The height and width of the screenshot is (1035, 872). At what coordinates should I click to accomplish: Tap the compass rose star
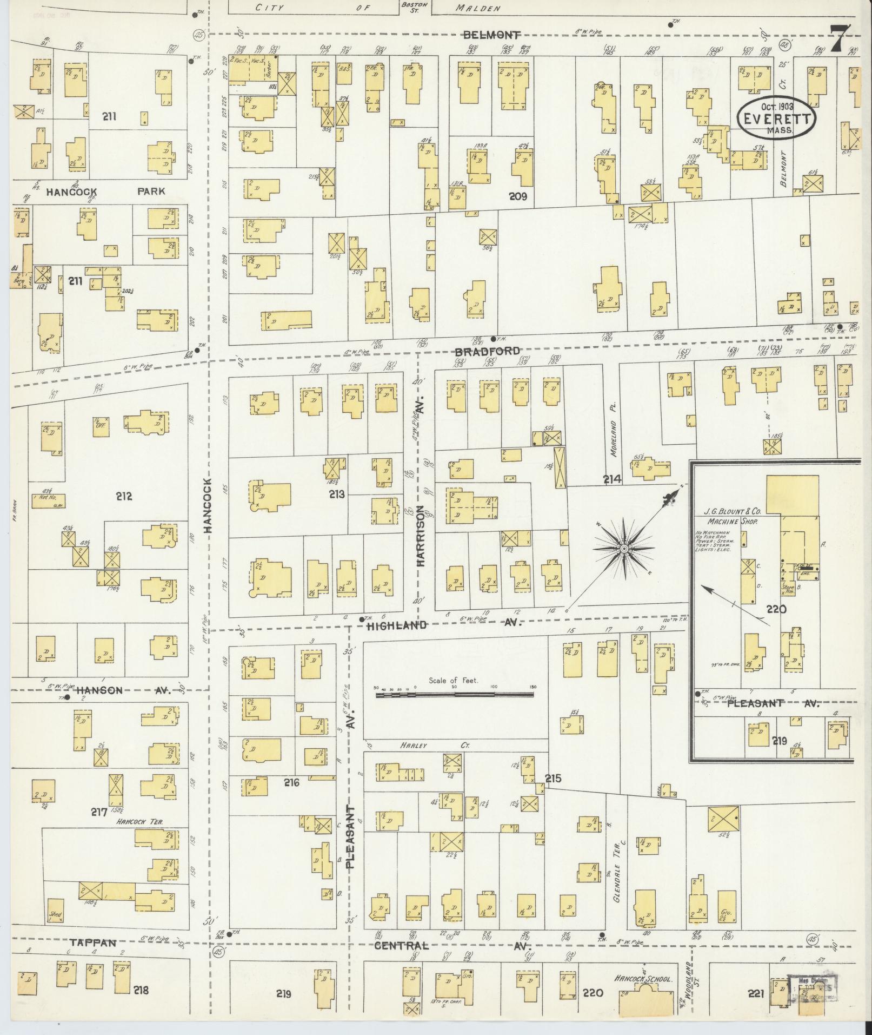tap(623, 549)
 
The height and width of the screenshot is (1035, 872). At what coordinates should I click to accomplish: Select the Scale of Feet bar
tap(454, 692)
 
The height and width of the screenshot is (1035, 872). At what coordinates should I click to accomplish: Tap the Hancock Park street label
tap(105, 191)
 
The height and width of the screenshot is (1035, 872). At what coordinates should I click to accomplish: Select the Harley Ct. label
tap(435, 746)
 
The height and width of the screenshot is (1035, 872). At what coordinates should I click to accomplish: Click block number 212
tap(124, 496)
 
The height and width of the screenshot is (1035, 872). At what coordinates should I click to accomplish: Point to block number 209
tap(517, 196)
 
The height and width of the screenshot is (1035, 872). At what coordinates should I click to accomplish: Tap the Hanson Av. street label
tap(123, 690)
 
